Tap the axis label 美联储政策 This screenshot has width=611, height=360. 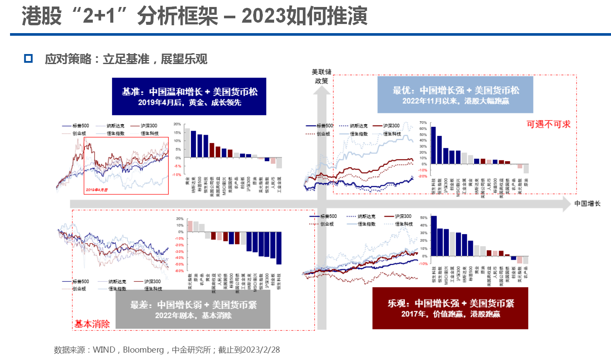coord(322,76)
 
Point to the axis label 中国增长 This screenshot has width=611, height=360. coord(587,204)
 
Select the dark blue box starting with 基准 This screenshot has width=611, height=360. coord(189,96)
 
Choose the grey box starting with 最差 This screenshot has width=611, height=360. coord(193,309)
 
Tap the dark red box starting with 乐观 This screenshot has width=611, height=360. coord(451,307)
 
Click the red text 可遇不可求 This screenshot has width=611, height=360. coord(548,124)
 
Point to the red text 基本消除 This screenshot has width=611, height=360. coord(92,324)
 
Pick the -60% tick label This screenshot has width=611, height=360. coord(179,271)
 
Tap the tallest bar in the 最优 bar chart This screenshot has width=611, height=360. coord(433,145)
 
